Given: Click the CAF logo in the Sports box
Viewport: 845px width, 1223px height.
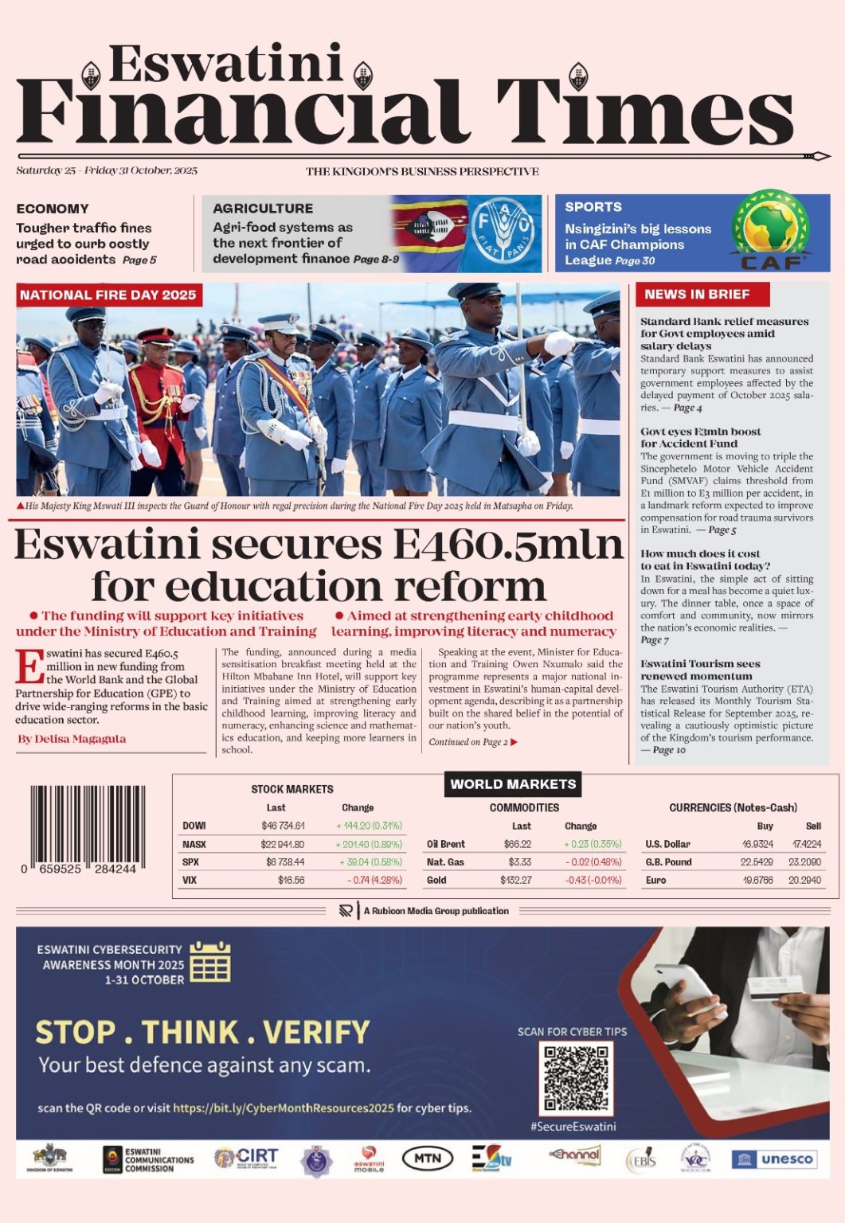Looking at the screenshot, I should click(770, 230).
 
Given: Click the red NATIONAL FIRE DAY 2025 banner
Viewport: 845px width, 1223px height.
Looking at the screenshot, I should click(108, 295).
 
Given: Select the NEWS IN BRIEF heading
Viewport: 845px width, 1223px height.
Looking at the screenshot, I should click(697, 295).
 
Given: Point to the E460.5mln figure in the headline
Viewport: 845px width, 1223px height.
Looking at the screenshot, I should click(508, 545).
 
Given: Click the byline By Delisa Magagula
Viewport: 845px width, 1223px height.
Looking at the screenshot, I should click(72, 739).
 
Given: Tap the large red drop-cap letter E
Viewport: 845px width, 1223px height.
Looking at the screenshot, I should click(29, 667).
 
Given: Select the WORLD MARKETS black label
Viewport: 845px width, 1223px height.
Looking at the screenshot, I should click(513, 784).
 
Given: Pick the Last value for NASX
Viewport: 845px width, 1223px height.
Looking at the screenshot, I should click(282, 844).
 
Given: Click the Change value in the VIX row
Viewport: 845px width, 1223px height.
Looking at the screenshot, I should click(374, 881).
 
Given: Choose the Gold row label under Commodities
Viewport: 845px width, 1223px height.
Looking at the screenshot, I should click(436, 881).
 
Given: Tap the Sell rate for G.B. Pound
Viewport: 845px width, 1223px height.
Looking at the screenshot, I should click(804, 862).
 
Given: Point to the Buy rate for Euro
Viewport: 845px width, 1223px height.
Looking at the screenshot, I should click(757, 881).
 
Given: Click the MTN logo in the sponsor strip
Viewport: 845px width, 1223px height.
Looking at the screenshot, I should click(428, 1159).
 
